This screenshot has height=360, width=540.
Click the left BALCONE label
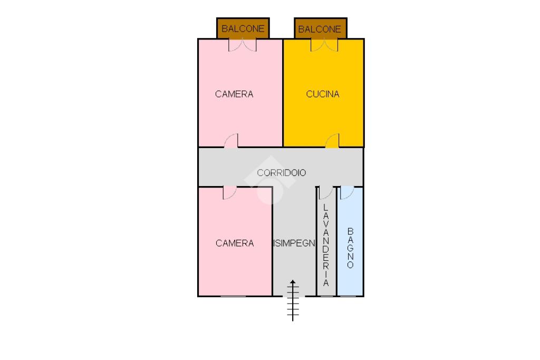[243, 29]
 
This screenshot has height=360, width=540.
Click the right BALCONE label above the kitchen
[320, 29]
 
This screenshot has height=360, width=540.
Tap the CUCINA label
[323, 94]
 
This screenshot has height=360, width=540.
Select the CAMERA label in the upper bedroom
[234, 94]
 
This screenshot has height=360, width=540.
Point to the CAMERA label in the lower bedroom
[235, 243]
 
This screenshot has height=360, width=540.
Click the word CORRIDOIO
[281, 172]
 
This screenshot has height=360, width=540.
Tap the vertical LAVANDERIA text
[326, 245]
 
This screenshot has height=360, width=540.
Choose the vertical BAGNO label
[350, 248]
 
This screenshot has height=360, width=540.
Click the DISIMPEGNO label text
[294, 243]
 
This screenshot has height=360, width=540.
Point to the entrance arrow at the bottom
[293, 300]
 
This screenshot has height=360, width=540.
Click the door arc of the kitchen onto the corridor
[332, 141]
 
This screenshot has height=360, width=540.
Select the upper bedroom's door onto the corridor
[232, 141]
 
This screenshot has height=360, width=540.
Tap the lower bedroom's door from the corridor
[229, 192]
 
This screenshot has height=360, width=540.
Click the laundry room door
[326, 192]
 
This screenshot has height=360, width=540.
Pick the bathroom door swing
[346, 192]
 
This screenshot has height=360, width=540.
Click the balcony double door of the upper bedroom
[243, 45]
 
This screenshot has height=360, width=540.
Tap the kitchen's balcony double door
[324, 45]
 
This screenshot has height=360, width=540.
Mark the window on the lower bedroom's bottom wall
[233, 296]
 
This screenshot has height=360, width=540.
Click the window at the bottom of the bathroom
[348, 296]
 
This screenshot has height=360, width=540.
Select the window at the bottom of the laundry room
[327, 296]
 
